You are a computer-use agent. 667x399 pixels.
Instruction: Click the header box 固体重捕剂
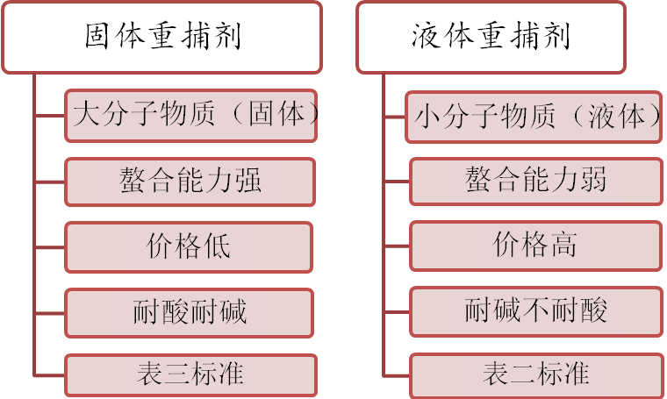(x=161, y=38)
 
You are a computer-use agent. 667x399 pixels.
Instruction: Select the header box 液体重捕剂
(x=491, y=38)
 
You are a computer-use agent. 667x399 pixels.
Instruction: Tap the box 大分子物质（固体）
(x=191, y=116)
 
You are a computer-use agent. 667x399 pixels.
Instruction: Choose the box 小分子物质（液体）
(x=534, y=117)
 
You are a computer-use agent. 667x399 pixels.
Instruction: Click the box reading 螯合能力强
(x=190, y=182)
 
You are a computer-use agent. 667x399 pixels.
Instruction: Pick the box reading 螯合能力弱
(x=536, y=182)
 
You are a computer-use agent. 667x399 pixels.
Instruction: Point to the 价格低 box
(x=189, y=247)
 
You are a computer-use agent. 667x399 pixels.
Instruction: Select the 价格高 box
(x=536, y=246)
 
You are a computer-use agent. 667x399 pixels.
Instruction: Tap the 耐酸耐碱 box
(x=190, y=313)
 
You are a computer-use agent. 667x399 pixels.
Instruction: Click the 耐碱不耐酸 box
(x=536, y=311)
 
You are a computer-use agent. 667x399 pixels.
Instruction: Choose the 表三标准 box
(x=191, y=375)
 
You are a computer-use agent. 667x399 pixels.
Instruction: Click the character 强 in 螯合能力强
(x=247, y=180)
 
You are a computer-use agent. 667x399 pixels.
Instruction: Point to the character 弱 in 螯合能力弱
(x=592, y=179)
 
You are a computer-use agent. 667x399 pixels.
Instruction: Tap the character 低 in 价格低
(x=217, y=246)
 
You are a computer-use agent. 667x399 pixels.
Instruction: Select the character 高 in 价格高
(x=563, y=244)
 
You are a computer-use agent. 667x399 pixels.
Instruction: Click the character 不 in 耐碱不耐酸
(x=536, y=310)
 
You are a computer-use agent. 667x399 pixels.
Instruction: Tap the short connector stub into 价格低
(x=50, y=247)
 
